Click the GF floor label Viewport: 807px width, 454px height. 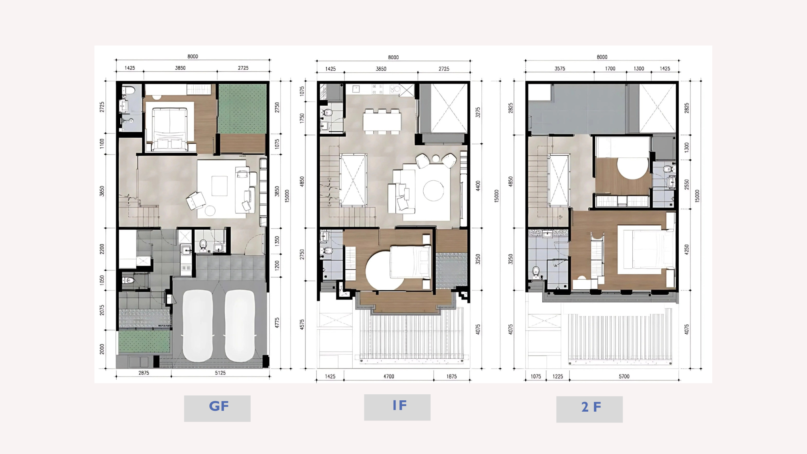click(219, 406)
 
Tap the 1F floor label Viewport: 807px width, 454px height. click(399, 405)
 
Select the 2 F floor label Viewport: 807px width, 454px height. click(591, 407)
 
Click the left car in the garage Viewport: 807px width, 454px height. click(198, 326)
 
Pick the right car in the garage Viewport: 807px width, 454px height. click(240, 326)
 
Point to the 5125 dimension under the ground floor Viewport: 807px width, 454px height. click(220, 373)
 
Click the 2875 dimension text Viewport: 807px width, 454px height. click(144, 373)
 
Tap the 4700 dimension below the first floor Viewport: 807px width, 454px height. click(389, 377)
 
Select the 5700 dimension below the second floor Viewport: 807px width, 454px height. click(624, 377)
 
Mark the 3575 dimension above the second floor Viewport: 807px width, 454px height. click(560, 69)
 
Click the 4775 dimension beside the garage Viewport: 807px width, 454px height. click(277, 323)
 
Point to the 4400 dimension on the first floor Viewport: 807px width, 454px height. click(478, 186)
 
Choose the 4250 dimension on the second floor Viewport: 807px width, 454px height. click(686, 249)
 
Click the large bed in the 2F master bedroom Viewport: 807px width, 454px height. click(646, 249)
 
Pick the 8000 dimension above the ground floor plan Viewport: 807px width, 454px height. click(192, 56)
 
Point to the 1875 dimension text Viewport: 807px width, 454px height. click(452, 377)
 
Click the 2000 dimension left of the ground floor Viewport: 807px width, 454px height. click(102, 349)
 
